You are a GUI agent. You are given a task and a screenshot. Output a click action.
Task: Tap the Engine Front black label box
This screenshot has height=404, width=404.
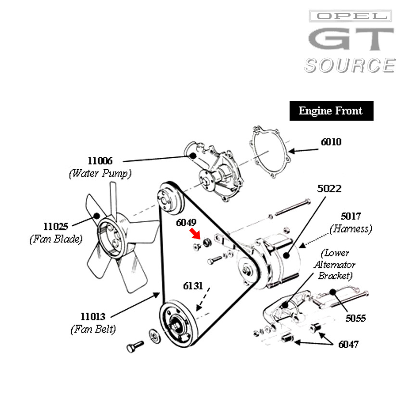[331, 111]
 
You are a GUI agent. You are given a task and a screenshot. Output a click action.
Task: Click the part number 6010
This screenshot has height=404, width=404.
[331, 142]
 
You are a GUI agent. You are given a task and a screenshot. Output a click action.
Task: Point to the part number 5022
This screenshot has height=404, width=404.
[329, 189]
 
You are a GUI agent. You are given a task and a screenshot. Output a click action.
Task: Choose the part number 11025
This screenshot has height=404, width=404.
[56, 227]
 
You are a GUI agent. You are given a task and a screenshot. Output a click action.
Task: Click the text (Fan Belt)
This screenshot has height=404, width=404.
[93, 329]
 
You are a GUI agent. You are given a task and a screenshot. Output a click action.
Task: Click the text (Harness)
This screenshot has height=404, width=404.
[351, 229]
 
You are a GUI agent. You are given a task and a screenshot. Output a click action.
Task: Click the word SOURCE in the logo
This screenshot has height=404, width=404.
[350, 66]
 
